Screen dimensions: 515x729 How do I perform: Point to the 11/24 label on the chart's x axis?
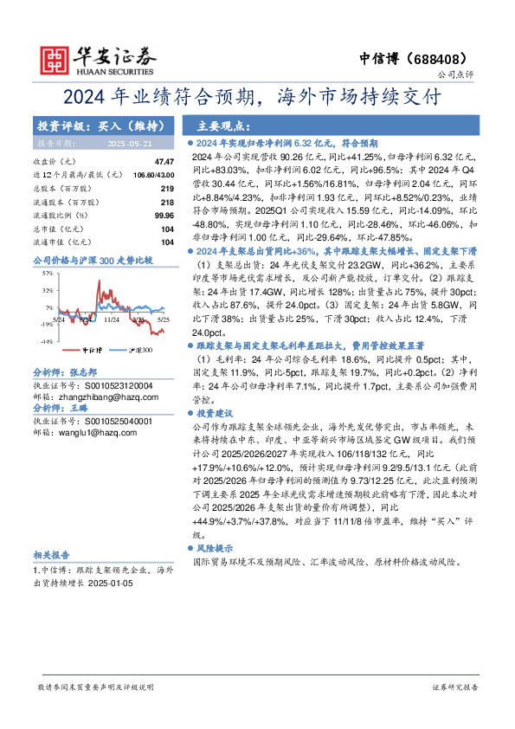point(110,319)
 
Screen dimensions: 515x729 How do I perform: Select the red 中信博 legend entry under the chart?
point(92,351)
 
